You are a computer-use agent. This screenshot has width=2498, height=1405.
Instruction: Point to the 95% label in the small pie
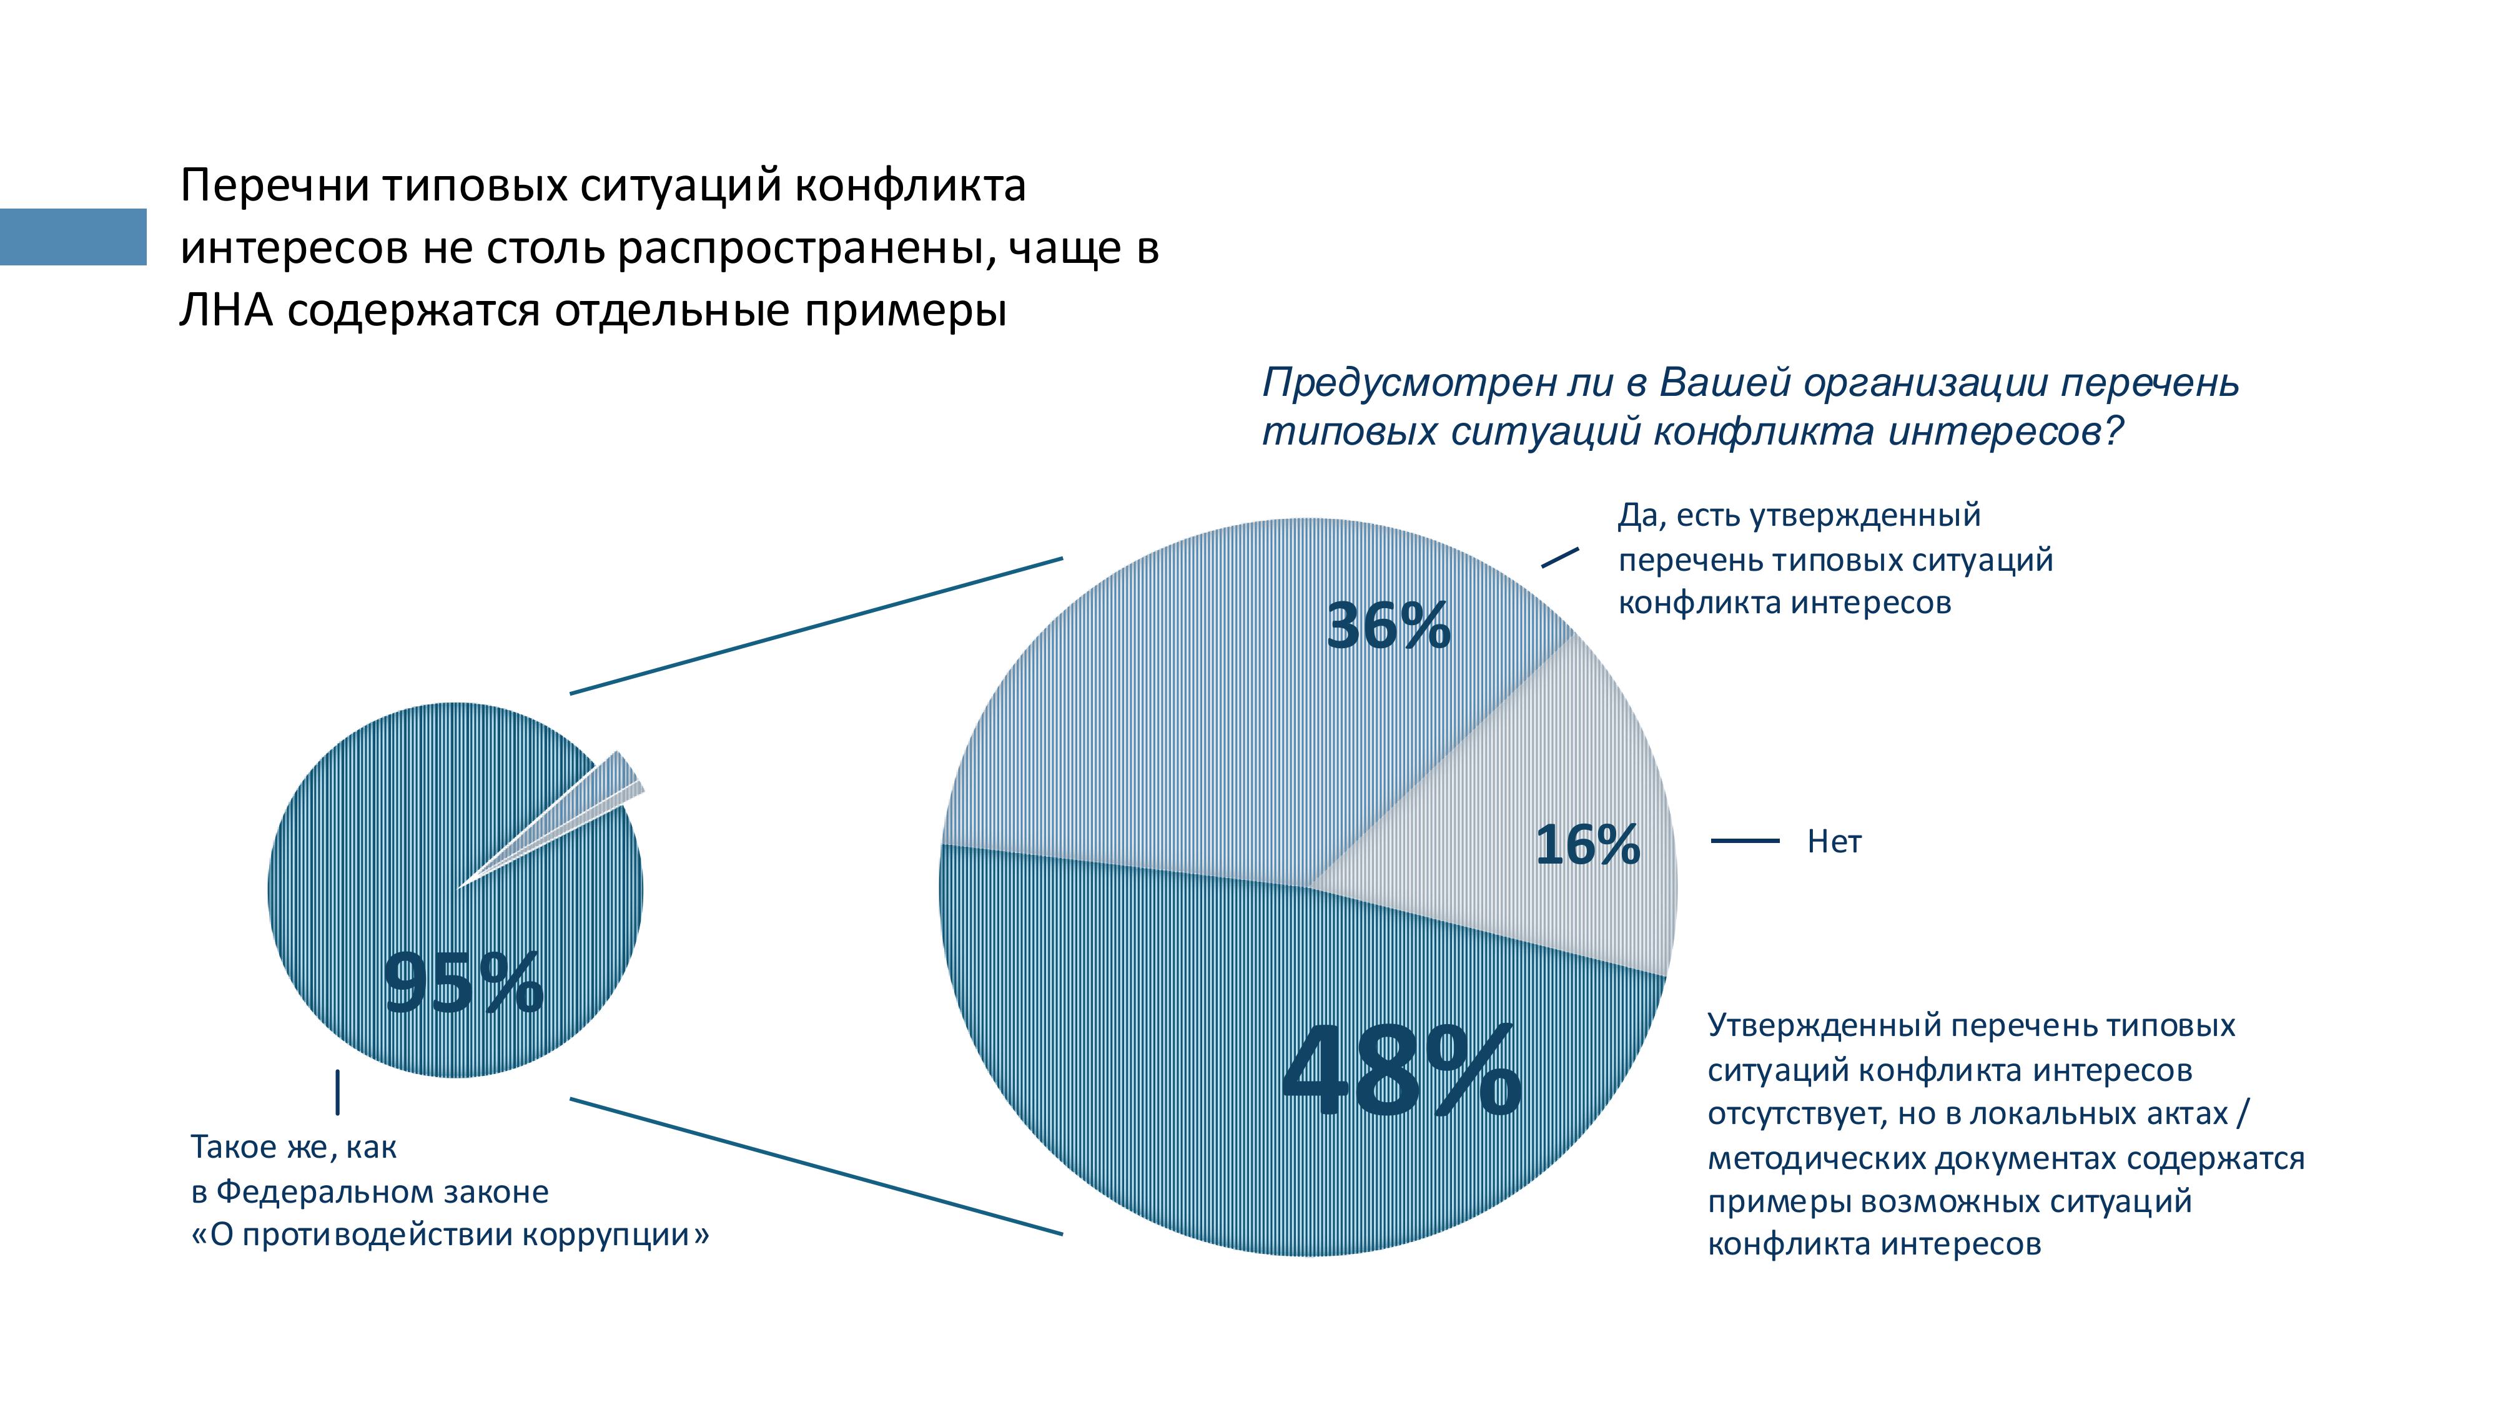463,983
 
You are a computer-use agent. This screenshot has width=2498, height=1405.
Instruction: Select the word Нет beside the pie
1834,842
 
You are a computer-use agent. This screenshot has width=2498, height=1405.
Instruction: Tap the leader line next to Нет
1744,841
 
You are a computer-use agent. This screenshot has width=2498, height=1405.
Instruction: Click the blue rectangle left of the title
72,237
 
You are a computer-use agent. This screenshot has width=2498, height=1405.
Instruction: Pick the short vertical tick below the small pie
337,1092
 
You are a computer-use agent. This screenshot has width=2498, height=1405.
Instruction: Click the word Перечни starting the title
274,185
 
